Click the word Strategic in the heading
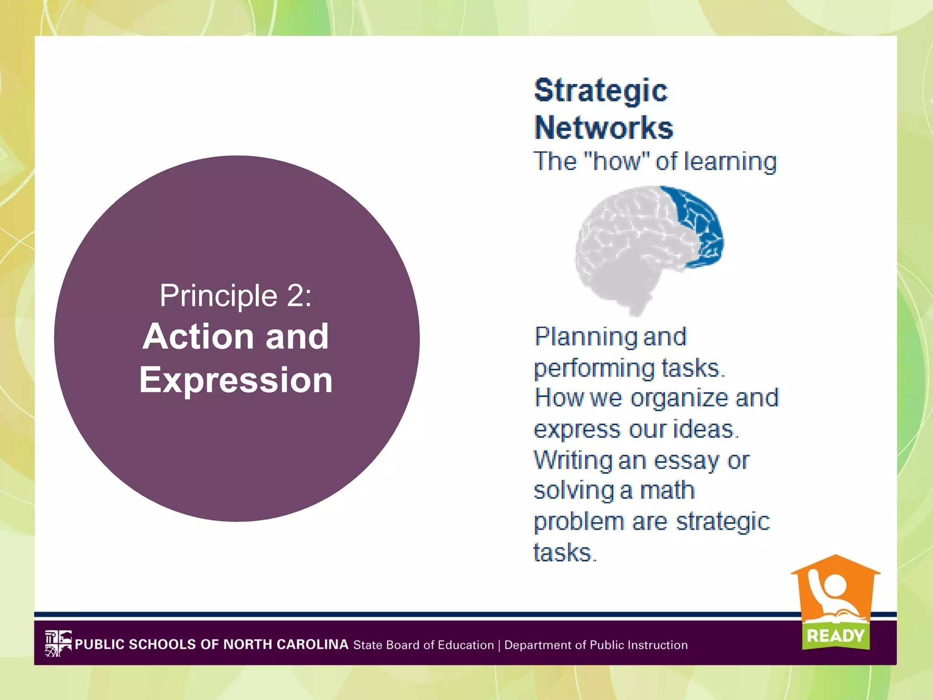(600, 90)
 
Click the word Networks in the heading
(604, 128)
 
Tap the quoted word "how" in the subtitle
(616, 161)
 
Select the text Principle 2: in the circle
(236, 295)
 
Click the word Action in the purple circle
(198, 336)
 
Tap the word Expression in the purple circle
(236, 380)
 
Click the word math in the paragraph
(667, 491)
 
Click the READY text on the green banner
(835, 635)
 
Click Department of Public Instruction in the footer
(596, 645)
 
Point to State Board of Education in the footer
(423, 645)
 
